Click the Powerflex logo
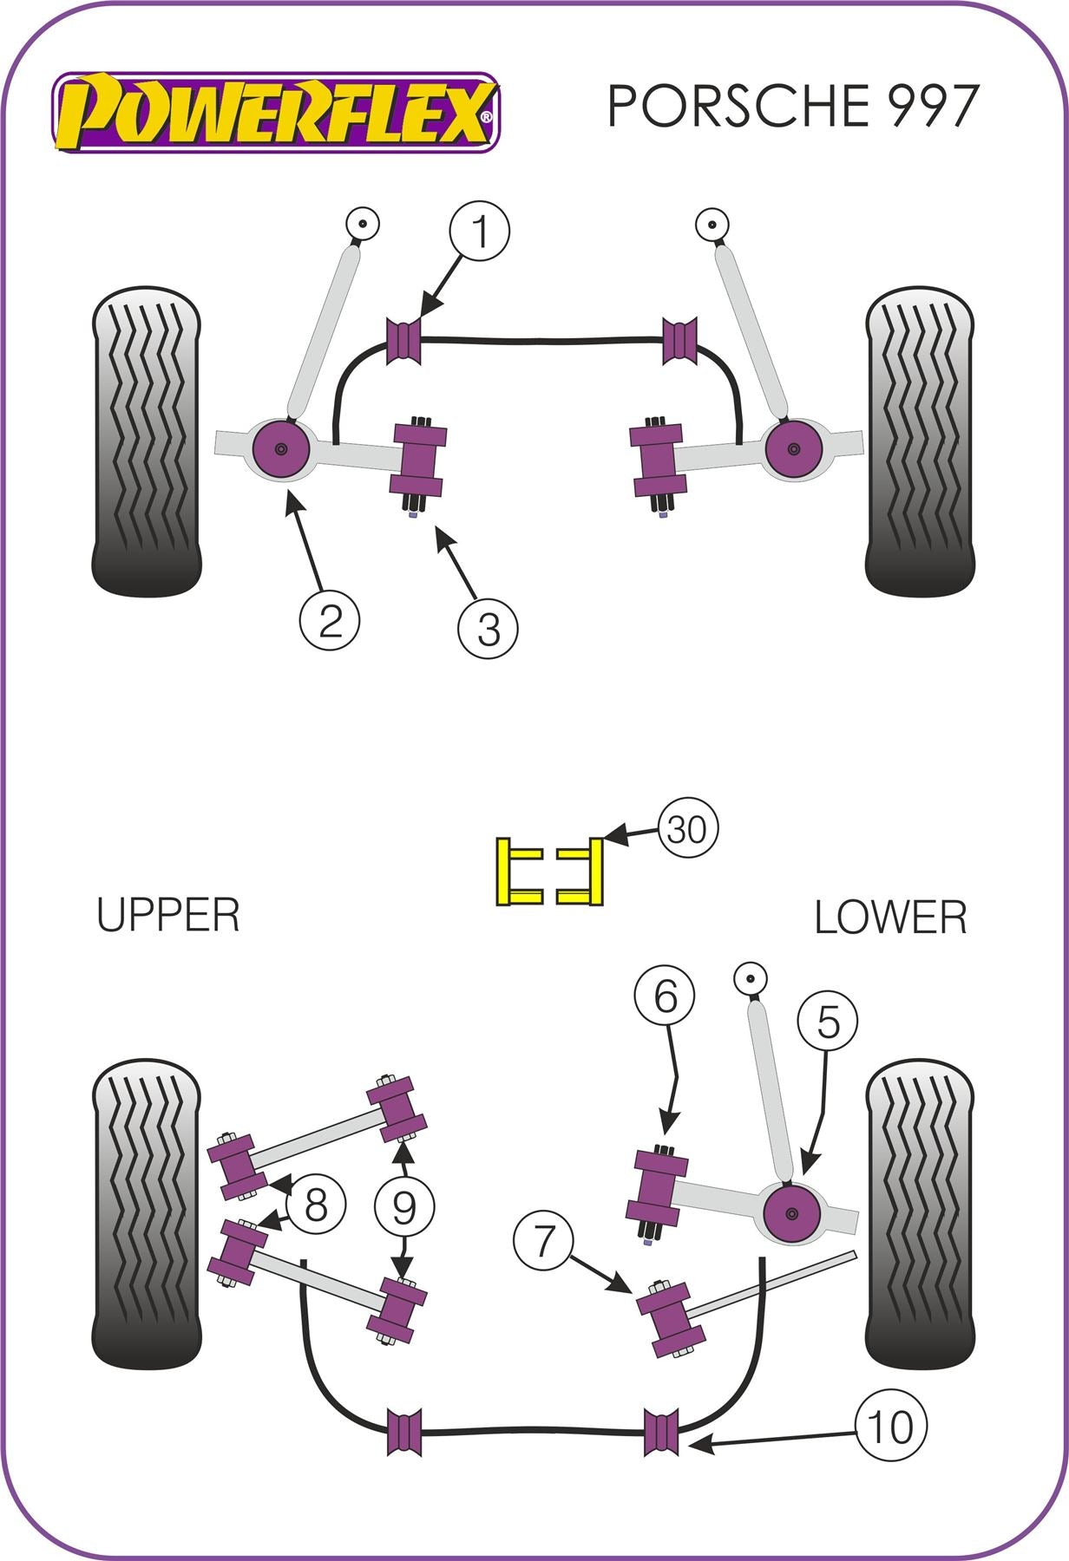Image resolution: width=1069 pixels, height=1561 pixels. pos(276,113)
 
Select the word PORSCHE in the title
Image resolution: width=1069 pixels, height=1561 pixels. pos(738,106)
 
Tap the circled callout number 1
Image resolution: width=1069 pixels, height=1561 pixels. pos(479,232)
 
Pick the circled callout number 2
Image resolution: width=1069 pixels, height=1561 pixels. pos(330,620)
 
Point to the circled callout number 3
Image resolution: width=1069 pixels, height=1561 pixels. pos(489,628)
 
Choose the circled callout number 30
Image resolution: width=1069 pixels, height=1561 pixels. pos(688,830)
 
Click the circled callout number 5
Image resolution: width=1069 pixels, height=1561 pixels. pos(828,1022)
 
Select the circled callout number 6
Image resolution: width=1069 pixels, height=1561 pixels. pos(665,996)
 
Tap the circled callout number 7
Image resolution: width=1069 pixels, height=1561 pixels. pos(543,1241)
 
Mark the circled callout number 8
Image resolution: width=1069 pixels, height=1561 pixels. pos(315,1205)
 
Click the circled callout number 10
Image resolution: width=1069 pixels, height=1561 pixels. pos(890,1426)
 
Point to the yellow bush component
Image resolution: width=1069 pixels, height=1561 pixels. pos(550,872)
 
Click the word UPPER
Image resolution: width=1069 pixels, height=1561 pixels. pos(167,916)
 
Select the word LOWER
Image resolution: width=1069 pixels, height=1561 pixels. pos(890,918)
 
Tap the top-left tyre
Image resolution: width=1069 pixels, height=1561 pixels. pos(146,442)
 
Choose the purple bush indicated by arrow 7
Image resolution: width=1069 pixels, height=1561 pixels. pos(670,1318)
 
